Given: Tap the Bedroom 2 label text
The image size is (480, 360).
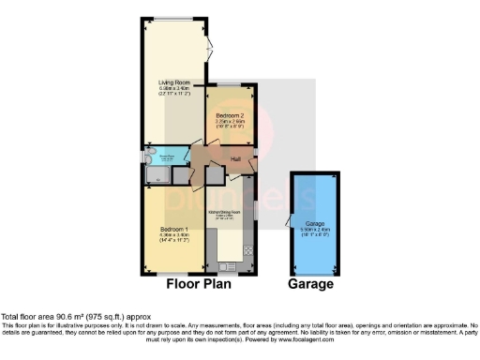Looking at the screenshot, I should [228, 115].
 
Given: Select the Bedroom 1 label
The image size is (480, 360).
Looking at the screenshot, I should [174, 231].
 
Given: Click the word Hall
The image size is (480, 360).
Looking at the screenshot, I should [236, 160].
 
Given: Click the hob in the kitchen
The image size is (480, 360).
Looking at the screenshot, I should [248, 249].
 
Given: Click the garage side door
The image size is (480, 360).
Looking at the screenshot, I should [290, 222].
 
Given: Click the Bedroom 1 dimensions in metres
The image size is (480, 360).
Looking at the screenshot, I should [174, 236].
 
